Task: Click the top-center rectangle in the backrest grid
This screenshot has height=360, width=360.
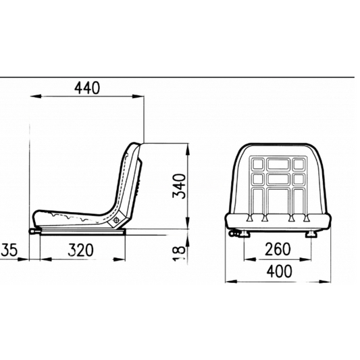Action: pos(277,163)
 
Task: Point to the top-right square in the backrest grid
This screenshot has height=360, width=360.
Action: pos(298,164)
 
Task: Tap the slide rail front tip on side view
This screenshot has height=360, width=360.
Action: pos(32,233)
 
